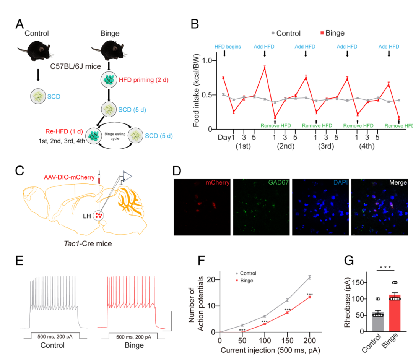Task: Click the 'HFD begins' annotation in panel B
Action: pyautogui.click(x=228, y=47)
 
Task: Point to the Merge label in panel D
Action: pyautogui.click(x=398, y=183)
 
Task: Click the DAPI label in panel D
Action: pyautogui.click(x=340, y=183)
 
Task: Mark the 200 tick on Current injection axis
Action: pyautogui.click(x=309, y=340)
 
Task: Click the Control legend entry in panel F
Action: pyautogui.click(x=248, y=274)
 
